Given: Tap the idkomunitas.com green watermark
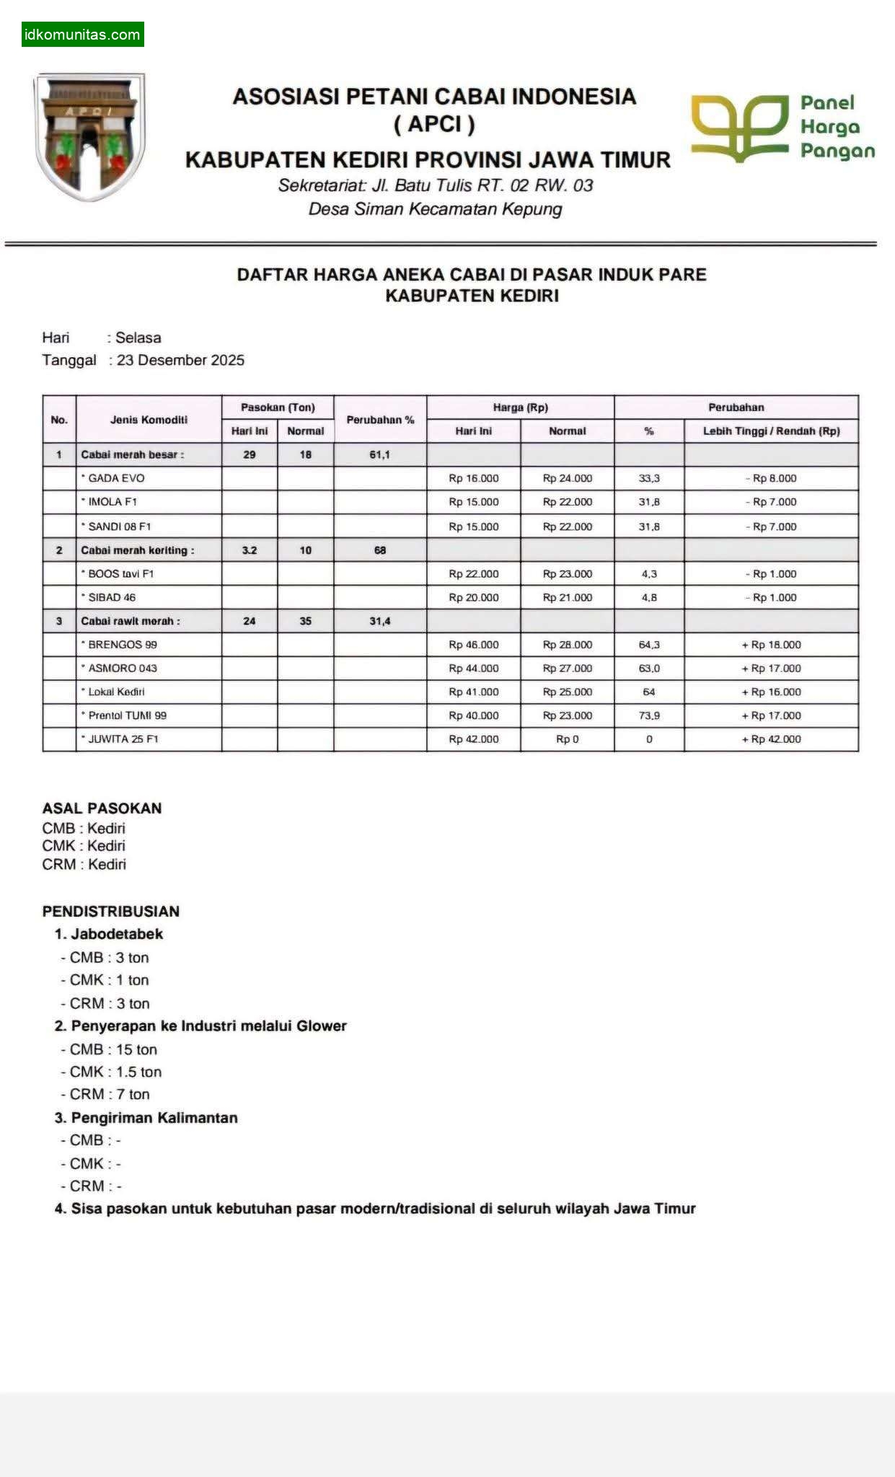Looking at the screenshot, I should coord(82,35).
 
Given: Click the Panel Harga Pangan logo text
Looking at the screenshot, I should coord(837,127).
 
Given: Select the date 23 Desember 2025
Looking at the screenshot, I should coord(180,360).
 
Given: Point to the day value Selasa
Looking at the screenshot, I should coord(138,338).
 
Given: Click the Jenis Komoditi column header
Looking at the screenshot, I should coord(149,420).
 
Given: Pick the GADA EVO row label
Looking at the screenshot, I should coord(116,478).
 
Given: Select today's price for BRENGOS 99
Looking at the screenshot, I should coord(473,645).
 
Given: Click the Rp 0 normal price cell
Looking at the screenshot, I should coord(567,739).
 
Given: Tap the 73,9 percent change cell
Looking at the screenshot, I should coord(649,715).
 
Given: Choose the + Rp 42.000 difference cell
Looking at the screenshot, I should coord(771,739).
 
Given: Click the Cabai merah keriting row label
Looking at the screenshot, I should coord(137,550).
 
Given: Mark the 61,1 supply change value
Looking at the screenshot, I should coord(379,454).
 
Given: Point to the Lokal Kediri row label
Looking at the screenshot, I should coord(116,692).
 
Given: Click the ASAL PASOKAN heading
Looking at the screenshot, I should coord(102,808).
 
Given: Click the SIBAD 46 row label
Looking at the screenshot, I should coord(112,597).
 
